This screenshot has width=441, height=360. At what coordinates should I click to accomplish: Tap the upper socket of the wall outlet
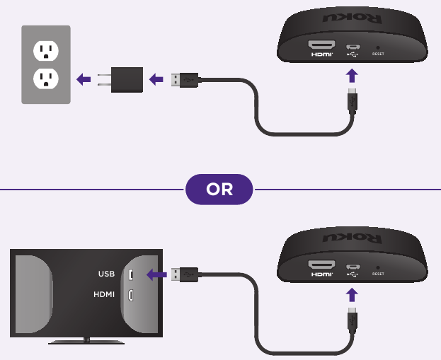46,50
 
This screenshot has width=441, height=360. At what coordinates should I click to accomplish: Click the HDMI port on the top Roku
322,49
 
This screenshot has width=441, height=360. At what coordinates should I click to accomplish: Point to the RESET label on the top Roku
377,53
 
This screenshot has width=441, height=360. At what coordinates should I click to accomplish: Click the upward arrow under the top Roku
352,76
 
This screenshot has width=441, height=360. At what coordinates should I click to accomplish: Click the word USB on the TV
106,274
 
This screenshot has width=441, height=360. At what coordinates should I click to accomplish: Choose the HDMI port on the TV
131,294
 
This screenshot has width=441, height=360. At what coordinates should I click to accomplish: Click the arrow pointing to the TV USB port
156,274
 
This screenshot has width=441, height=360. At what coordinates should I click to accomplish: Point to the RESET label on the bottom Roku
377,273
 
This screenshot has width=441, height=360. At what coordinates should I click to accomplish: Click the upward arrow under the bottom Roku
352,294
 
